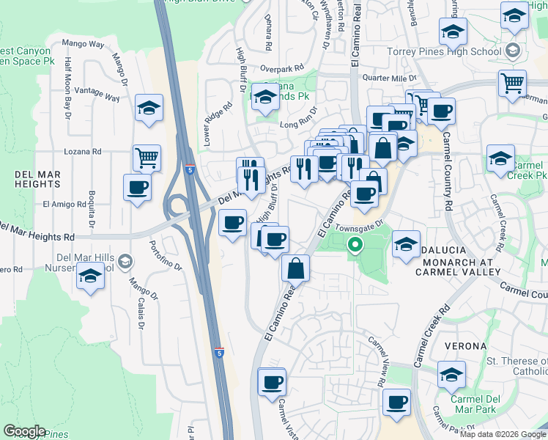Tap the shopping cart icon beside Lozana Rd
coord(147,157)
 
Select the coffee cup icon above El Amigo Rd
coord(137,188)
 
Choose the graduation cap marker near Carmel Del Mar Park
coord(451,374)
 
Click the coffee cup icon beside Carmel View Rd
coord(396,402)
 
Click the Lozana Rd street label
coord(86,151)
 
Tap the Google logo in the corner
coord(25,432)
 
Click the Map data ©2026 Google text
coord(502,434)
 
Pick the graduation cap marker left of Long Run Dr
coord(265,97)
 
